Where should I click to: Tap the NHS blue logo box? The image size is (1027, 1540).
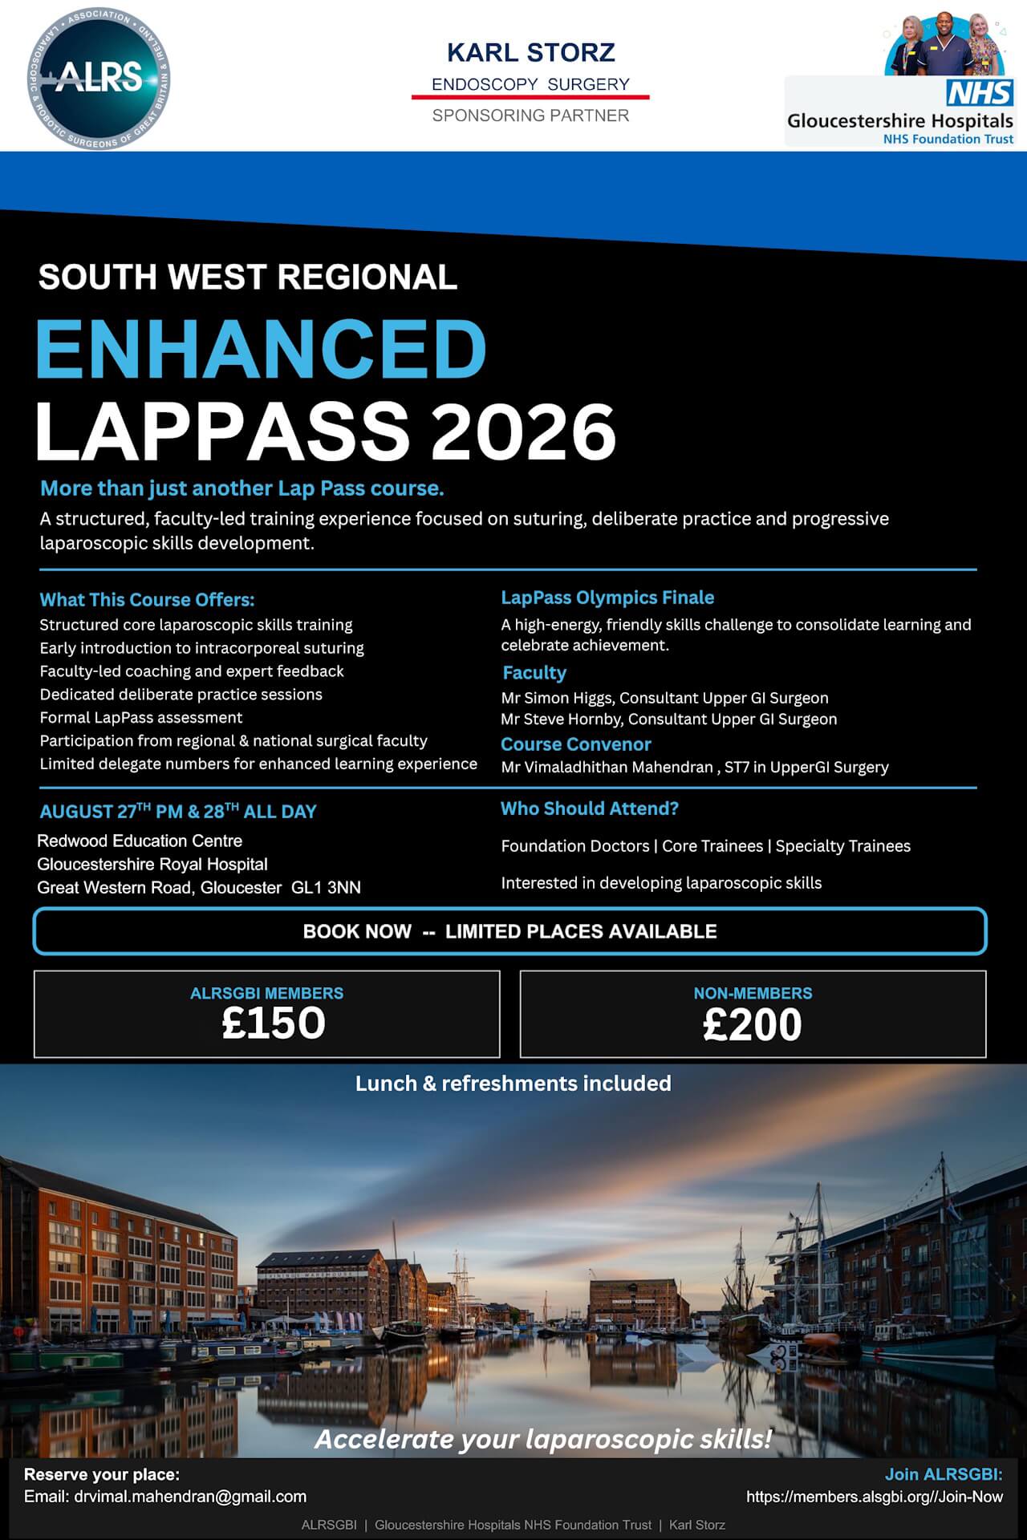(979, 93)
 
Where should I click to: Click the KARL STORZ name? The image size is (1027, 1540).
(530, 53)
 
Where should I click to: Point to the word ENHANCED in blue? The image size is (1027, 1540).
(261, 349)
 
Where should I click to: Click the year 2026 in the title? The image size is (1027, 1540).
(524, 432)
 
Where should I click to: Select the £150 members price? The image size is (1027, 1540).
(274, 1023)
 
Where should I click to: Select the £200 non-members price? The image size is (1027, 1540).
(753, 1025)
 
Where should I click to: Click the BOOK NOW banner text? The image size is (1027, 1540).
(509, 931)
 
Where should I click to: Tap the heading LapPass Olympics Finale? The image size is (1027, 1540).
(607, 598)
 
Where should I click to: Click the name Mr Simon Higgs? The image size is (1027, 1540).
(556, 698)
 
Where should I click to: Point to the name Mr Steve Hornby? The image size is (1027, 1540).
(560, 719)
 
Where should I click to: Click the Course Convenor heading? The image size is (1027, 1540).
(575, 744)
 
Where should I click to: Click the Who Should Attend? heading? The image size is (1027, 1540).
(589, 808)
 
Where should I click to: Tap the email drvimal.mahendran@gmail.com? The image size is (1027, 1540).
(190, 1497)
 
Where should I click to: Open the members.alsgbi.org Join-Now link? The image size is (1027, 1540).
(874, 1497)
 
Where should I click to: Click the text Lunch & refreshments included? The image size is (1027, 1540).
(513, 1084)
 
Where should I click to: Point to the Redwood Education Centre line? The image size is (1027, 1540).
(140, 841)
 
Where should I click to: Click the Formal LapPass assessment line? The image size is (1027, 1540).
(141, 718)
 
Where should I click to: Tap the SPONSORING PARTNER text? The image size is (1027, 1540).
(530, 115)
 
